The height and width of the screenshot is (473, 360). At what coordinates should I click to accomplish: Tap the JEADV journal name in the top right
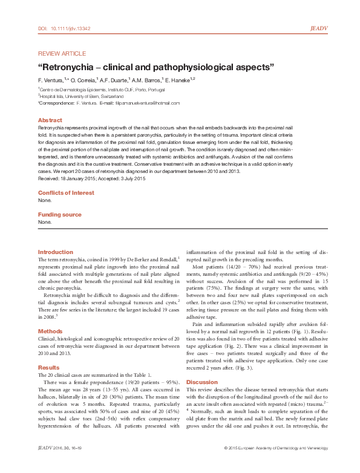pyautogui.click(x=318, y=28)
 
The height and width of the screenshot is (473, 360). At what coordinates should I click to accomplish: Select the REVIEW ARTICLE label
pyautogui.click(x=62, y=54)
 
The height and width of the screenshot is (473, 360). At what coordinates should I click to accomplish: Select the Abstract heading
pyautogui.click(x=50, y=120)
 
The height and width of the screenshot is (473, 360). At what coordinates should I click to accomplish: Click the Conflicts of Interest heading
pyautogui.click(x=66, y=192)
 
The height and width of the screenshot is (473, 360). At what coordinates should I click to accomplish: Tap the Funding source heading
pyautogui.click(x=60, y=215)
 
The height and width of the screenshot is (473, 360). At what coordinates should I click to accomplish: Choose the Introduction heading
pyautogui.click(x=55, y=252)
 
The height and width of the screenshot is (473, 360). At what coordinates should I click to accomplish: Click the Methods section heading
pyautogui.click(x=51, y=331)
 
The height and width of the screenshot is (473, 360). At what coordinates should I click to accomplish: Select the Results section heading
pyautogui.click(x=49, y=367)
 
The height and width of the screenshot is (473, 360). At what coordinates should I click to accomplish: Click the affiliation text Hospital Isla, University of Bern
pyautogui.click(x=82, y=96)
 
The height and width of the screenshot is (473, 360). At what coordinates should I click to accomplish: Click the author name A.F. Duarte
pyautogui.click(x=118, y=79)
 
